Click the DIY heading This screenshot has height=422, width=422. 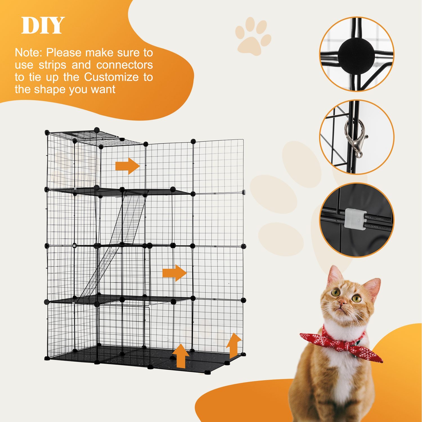(x=43, y=26)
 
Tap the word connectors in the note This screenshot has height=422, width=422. (x=125, y=65)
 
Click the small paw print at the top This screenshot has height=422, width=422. (x=253, y=36)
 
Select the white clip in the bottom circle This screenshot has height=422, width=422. (x=355, y=219)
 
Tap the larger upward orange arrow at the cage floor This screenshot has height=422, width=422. (x=181, y=356)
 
